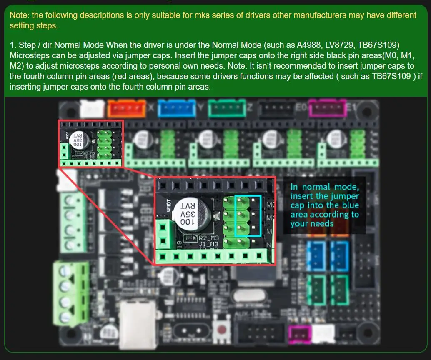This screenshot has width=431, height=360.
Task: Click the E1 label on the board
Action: click(351, 109)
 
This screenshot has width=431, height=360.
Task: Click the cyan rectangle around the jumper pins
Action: click(248, 216)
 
